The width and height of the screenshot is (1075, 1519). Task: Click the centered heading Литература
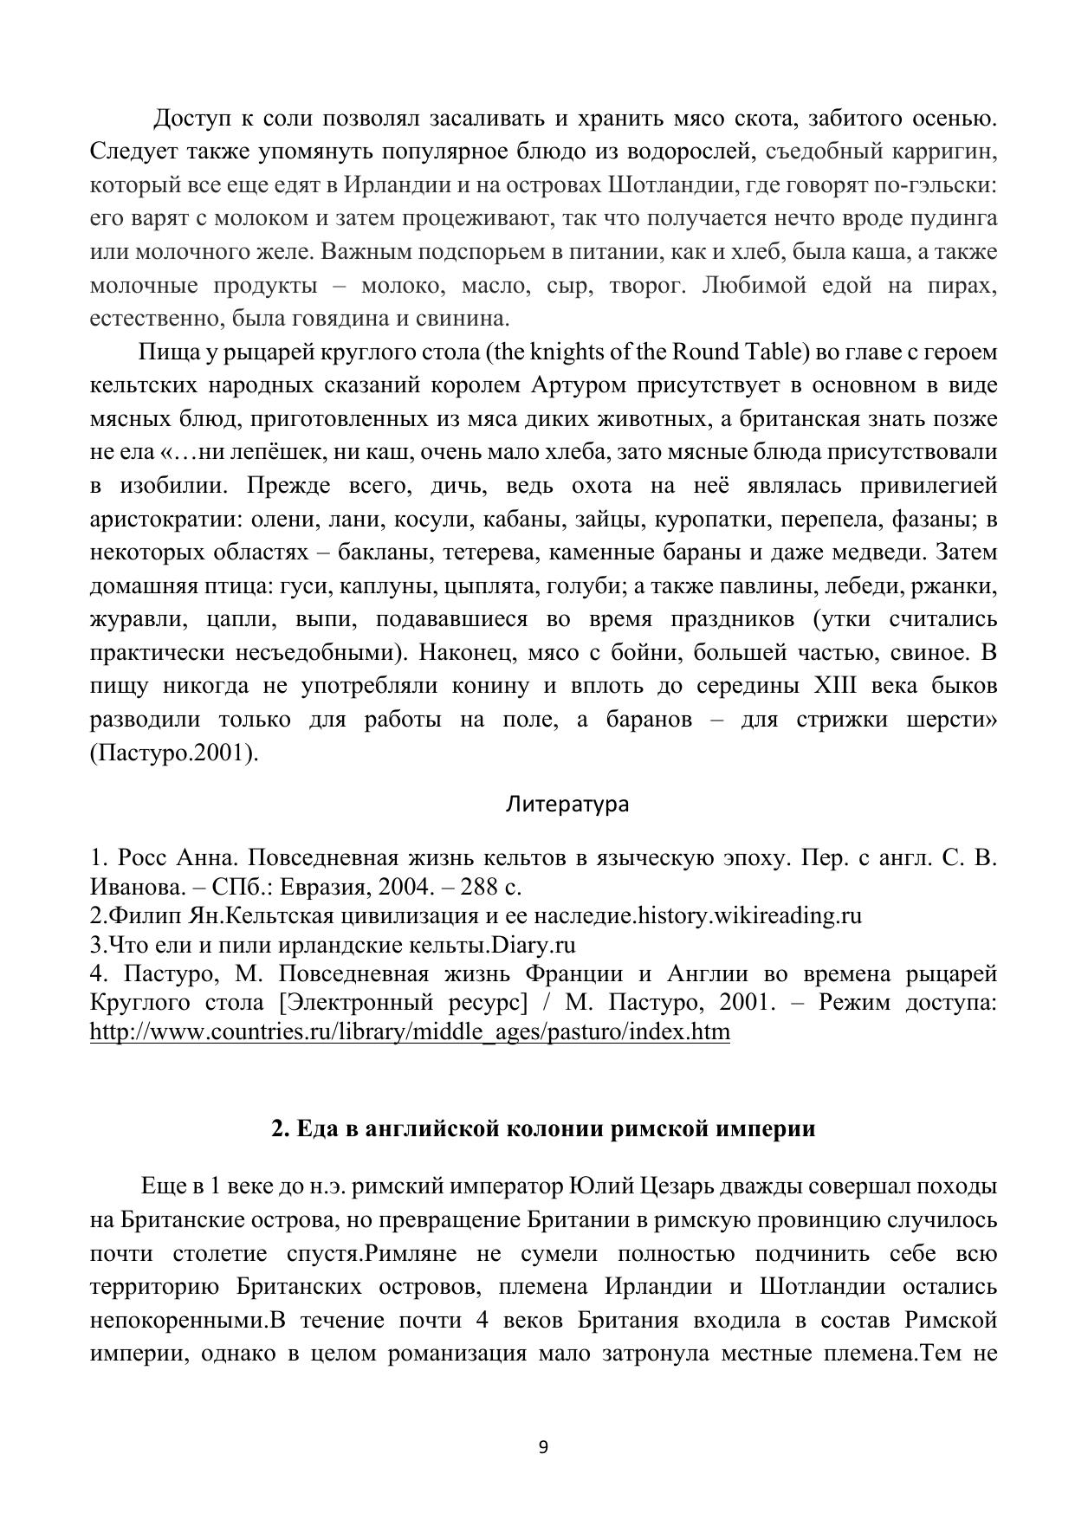[567, 805]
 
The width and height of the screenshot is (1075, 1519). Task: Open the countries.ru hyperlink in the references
[410, 1032]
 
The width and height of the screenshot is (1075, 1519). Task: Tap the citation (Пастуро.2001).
[174, 753]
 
